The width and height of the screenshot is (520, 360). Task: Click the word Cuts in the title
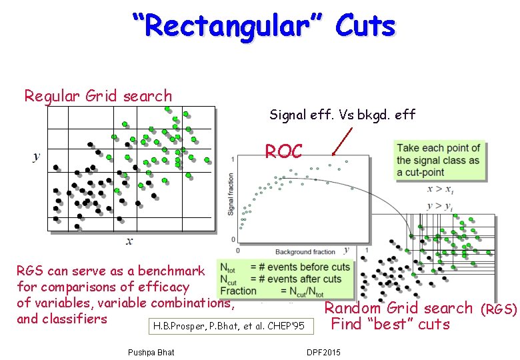365,26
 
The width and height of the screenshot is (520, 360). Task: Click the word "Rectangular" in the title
227,26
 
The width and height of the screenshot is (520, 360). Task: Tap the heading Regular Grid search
98,96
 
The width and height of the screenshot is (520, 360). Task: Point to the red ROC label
284,151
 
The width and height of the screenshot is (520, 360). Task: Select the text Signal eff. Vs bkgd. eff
342,115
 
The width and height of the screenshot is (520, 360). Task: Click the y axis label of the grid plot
36,156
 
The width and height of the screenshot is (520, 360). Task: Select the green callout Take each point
438,160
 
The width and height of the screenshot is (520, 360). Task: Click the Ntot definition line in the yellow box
284,267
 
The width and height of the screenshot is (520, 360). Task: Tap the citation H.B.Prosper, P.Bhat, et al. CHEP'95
229,326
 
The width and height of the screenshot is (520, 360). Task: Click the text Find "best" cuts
390,325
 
